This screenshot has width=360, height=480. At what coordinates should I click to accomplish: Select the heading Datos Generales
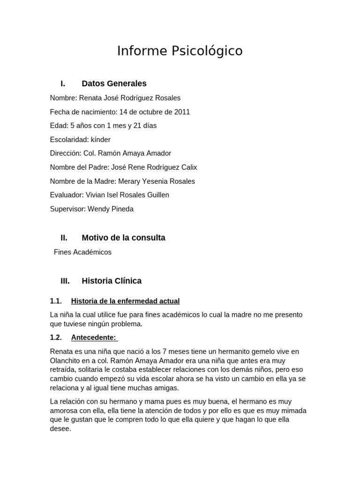(114, 83)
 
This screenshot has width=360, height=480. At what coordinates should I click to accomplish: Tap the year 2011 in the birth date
(182, 112)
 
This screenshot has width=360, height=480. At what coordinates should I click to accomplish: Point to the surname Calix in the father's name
(188, 167)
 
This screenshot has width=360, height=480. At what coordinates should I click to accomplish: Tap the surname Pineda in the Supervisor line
(121, 209)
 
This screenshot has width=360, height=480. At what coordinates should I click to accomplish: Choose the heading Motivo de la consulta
(123, 238)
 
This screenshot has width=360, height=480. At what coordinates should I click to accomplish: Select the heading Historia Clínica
(112, 281)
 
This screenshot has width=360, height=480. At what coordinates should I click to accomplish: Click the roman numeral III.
(65, 281)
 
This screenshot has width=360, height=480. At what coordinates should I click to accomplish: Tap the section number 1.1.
(56, 301)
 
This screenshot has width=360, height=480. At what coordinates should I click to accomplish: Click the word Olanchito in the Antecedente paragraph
(66, 360)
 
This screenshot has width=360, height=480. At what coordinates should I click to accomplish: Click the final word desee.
(60, 428)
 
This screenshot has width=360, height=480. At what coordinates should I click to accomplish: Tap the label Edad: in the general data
(59, 126)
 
